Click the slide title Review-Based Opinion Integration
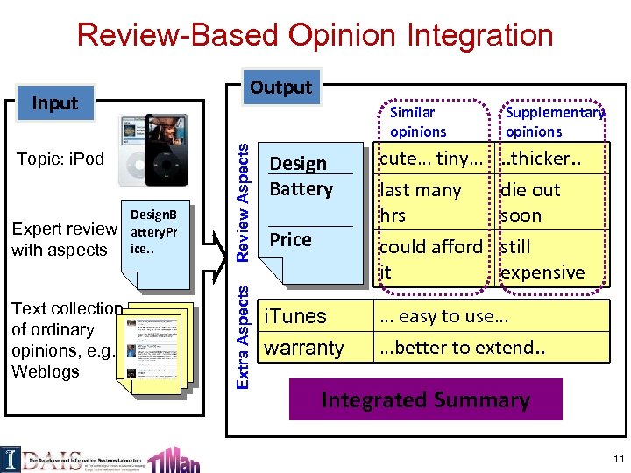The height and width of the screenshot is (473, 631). click(x=315, y=35)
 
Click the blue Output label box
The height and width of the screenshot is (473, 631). click(x=280, y=87)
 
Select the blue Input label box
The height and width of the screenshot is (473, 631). click(x=55, y=102)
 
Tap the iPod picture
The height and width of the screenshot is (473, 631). click(x=152, y=150)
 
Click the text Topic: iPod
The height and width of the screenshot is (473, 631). click(x=60, y=159)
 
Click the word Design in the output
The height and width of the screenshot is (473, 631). click(x=298, y=164)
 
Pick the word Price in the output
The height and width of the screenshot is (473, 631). click(x=290, y=239)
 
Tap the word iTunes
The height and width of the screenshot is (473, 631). click(x=295, y=316)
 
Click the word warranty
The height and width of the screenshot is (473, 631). click(x=304, y=348)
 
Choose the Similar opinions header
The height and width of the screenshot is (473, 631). click(x=417, y=122)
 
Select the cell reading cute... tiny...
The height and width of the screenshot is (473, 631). click(x=429, y=159)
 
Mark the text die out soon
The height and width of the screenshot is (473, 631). click(x=529, y=202)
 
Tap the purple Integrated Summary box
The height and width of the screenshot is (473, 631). click(x=425, y=400)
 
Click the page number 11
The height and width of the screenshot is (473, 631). click(x=619, y=459)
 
